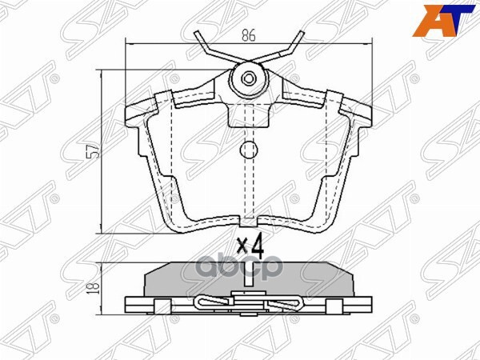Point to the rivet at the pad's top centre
click(x=248, y=78)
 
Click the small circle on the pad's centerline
click(x=248, y=149)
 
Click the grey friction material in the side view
click(x=248, y=280)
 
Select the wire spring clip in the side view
click(x=248, y=305)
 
